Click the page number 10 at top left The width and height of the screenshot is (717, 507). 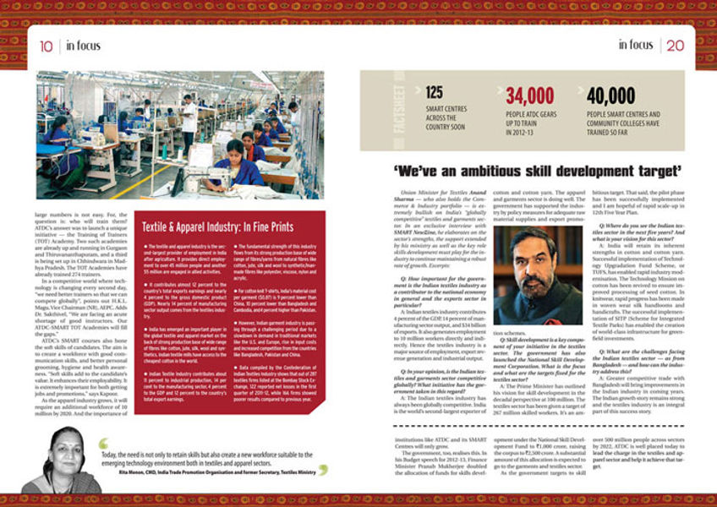tap(46, 46)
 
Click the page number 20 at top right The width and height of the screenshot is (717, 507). tap(675, 45)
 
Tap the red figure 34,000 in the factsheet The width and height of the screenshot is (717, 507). tap(530, 95)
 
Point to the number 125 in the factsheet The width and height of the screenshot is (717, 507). tap(435, 94)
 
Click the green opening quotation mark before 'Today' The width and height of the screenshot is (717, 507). tap(103, 444)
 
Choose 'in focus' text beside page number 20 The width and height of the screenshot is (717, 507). tap(635, 45)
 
